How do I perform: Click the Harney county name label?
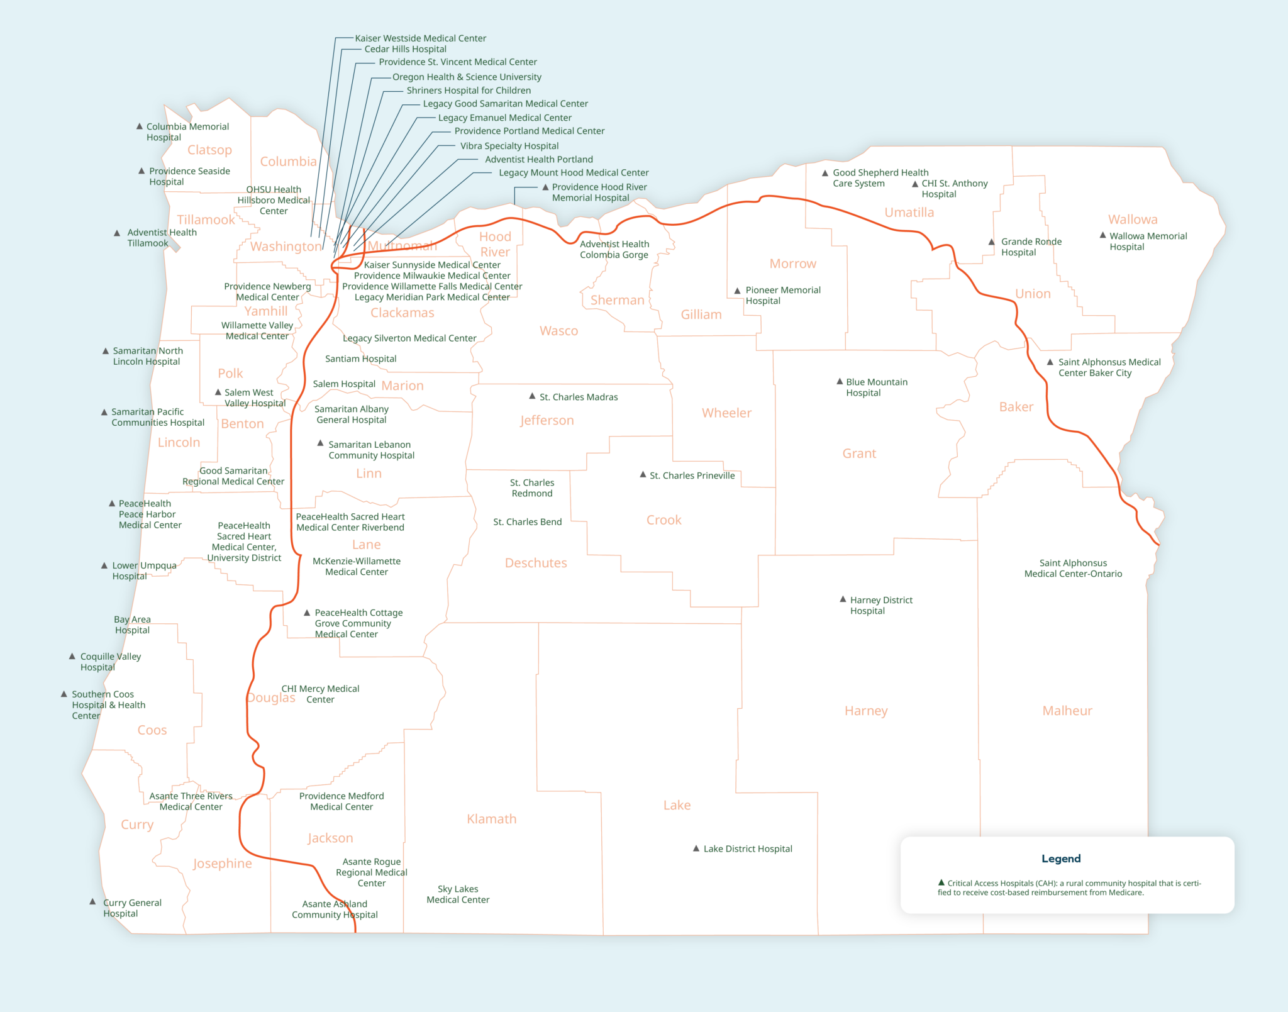coord(865,711)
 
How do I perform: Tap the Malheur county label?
coord(1067,711)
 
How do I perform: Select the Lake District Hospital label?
coord(747,849)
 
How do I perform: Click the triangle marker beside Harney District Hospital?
coord(843,599)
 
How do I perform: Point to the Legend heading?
coord(1060,859)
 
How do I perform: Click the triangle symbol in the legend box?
coord(941,882)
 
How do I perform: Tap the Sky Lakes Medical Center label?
coord(458,894)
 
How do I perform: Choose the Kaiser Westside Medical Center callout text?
coord(420,38)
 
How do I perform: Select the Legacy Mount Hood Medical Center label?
coord(573,172)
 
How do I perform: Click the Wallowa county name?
coord(1132,220)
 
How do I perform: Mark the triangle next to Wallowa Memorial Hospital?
coord(1102,235)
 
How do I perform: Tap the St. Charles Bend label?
coord(527,522)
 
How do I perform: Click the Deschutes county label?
coord(535,563)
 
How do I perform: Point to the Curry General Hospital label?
coord(132,908)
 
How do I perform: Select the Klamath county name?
coord(491,819)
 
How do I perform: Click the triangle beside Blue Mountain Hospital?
coord(839,381)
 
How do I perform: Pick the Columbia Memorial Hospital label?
coord(187,132)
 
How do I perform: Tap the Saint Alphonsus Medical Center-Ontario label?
coord(1072,569)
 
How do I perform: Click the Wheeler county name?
coord(726,413)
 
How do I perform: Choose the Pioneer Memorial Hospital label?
coord(782,295)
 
